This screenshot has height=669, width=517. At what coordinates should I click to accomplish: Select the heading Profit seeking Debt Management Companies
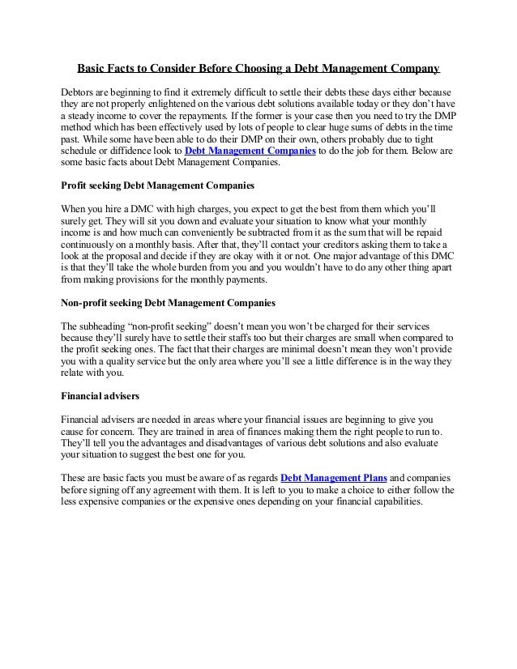click(158, 185)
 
